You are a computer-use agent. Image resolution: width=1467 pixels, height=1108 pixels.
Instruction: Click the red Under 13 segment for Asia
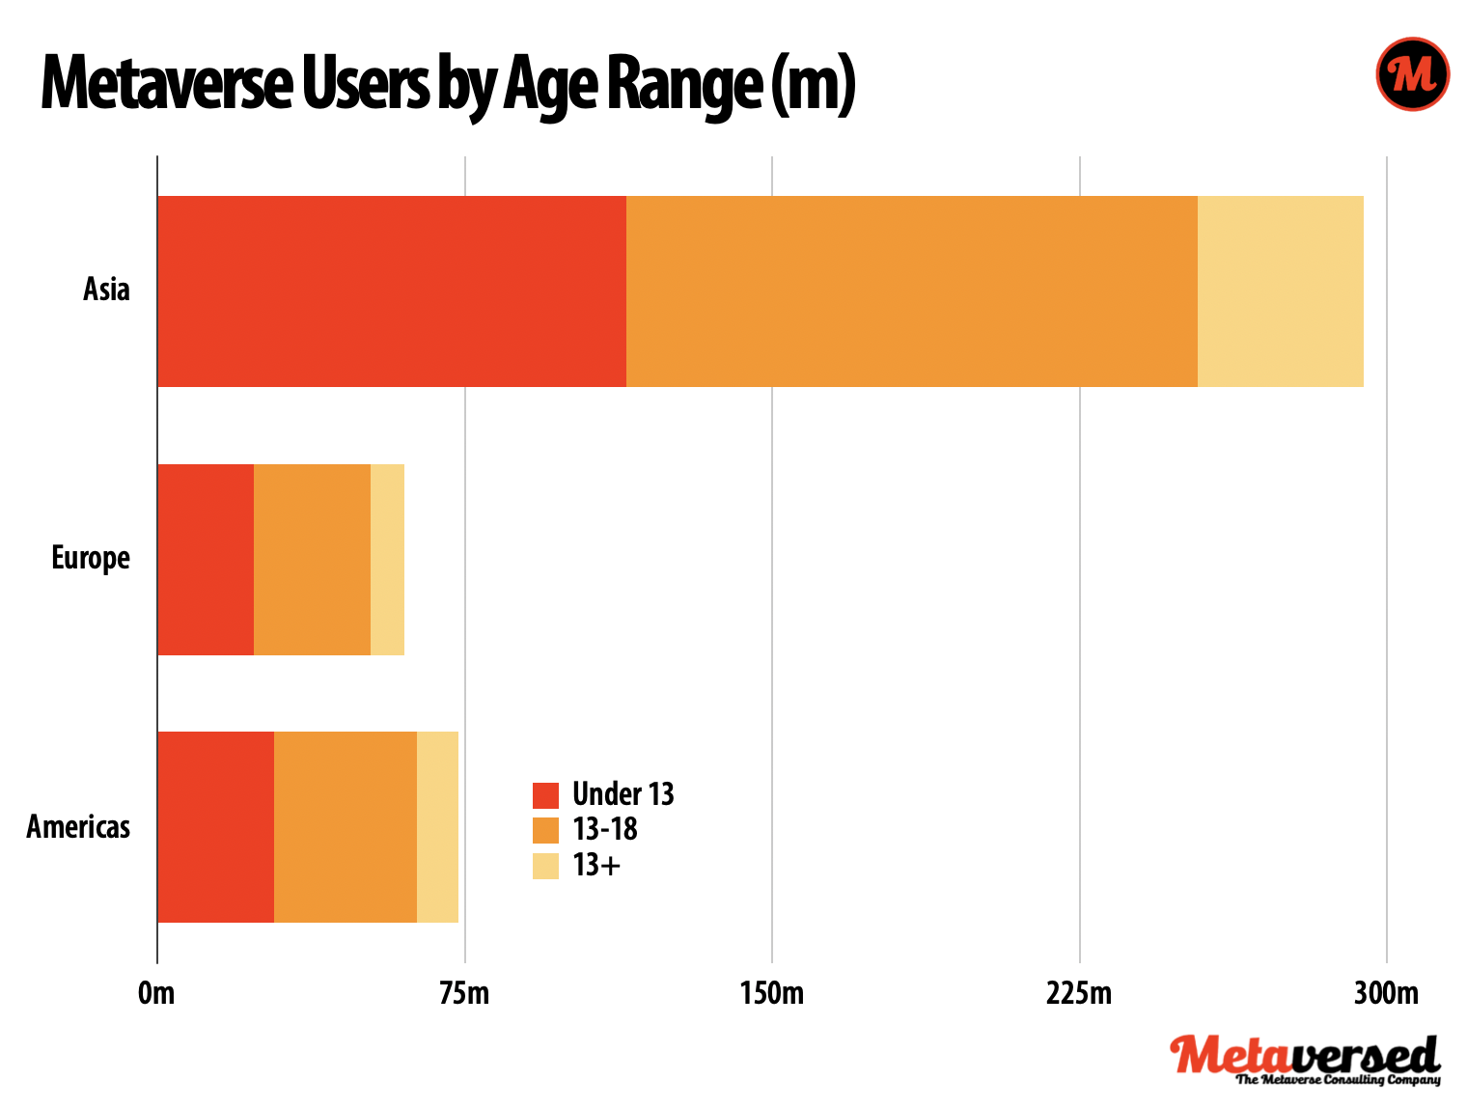point(392,291)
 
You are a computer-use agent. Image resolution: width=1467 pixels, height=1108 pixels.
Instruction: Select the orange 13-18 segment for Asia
point(912,291)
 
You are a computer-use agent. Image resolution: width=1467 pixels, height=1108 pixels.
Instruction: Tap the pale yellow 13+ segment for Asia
point(1280,291)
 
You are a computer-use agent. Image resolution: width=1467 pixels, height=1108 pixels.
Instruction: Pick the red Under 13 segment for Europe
point(206,560)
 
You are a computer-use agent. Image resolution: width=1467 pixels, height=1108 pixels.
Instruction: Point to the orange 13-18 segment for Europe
point(312,560)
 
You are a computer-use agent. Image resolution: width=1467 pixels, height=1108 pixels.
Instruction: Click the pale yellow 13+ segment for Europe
point(387,560)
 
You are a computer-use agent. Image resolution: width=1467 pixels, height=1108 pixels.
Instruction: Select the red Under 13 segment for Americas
point(215,827)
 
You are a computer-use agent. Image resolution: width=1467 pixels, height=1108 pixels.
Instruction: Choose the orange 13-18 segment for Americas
point(346,827)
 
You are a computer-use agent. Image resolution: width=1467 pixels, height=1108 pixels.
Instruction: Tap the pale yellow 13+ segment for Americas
point(437,827)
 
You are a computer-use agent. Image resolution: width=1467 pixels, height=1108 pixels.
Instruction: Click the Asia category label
point(106,290)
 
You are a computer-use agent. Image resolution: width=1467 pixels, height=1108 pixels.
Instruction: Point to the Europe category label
point(91,559)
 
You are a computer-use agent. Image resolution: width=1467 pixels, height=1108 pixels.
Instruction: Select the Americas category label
point(78,827)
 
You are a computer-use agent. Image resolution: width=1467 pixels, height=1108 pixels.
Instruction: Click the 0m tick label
point(156,993)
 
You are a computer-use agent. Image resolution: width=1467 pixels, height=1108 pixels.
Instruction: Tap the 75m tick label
point(464,993)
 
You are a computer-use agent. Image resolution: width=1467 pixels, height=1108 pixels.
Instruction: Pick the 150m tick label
point(772,993)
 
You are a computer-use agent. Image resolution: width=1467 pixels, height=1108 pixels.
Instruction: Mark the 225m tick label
point(1079,993)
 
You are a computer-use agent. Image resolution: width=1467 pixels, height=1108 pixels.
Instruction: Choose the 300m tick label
point(1386,993)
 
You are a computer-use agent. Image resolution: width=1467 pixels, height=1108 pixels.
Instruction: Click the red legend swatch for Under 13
point(545,795)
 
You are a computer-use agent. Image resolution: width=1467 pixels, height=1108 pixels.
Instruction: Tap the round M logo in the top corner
point(1412,74)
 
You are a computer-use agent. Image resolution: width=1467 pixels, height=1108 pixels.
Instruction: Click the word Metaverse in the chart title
point(166,85)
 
